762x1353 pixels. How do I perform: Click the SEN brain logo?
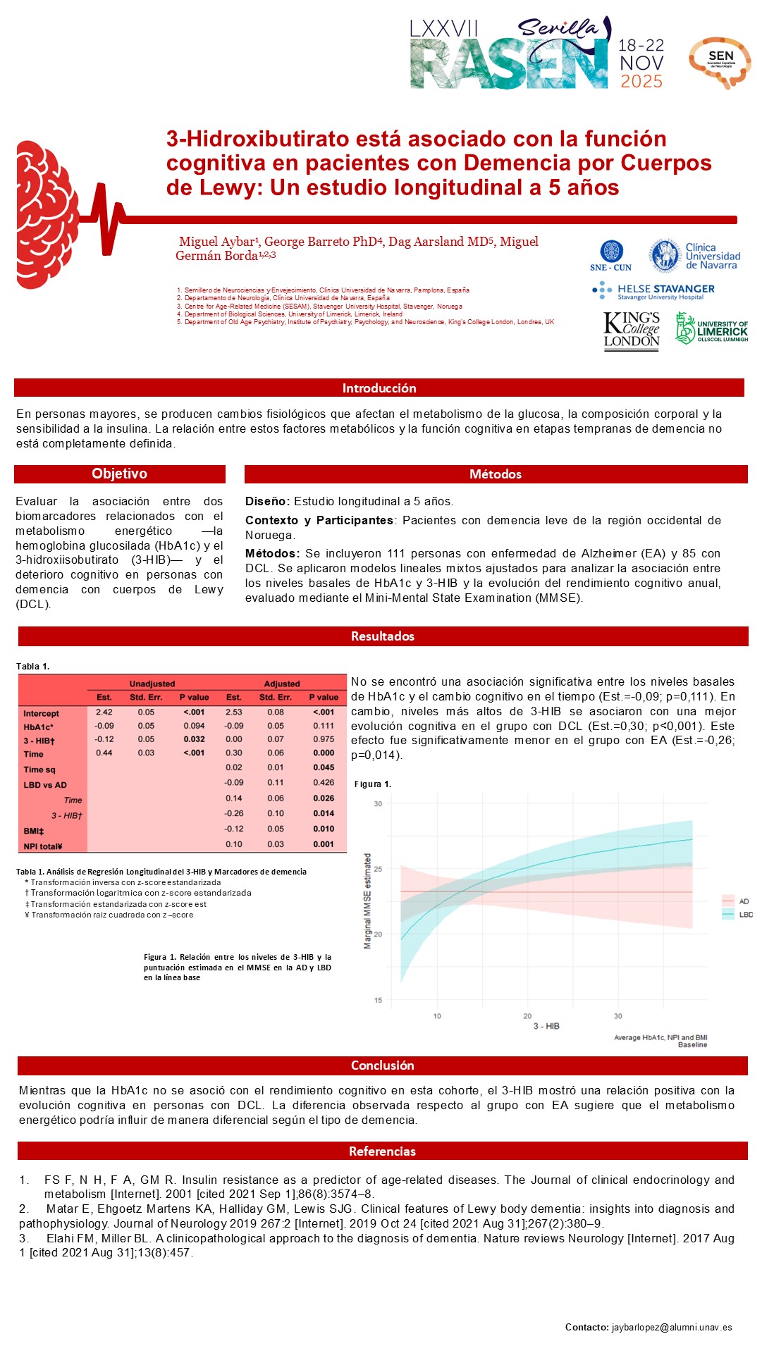click(x=720, y=62)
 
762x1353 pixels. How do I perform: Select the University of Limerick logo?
click(x=711, y=328)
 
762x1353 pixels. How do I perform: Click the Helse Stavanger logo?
click(x=653, y=291)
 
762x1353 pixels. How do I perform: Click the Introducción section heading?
click(x=379, y=388)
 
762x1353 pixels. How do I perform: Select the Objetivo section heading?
click(x=120, y=474)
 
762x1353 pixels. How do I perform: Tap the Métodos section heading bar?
click(x=496, y=474)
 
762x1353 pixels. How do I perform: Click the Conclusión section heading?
click(x=382, y=1065)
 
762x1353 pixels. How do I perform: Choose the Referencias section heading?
click(x=382, y=1151)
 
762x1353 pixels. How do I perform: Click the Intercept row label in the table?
click(x=41, y=713)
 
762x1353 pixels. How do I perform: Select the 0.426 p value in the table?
click(x=324, y=782)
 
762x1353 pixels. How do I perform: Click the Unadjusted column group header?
click(x=152, y=684)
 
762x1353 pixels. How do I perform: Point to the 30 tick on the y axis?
click(x=378, y=804)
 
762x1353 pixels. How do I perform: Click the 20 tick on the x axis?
click(x=527, y=1016)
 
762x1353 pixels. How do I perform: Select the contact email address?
click(x=672, y=1328)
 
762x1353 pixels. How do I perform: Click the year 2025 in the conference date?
click(x=641, y=81)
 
